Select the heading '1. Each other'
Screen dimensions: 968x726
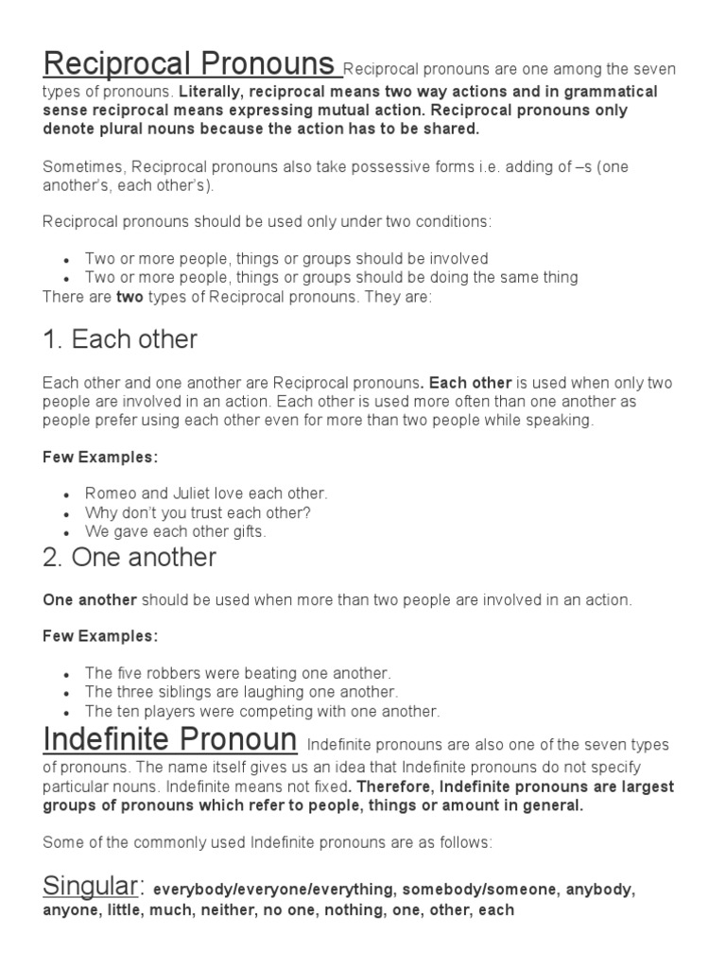(x=120, y=339)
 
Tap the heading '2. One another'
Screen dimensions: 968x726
(x=130, y=558)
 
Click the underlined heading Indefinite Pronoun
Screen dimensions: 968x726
(x=170, y=739)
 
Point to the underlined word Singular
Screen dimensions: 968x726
(x=91, y=887)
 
